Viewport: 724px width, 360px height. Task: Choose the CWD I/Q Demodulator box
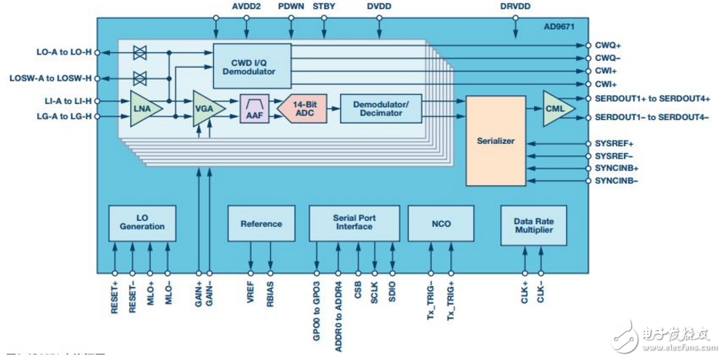[252, 65]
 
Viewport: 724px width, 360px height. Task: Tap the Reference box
[261, 224]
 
